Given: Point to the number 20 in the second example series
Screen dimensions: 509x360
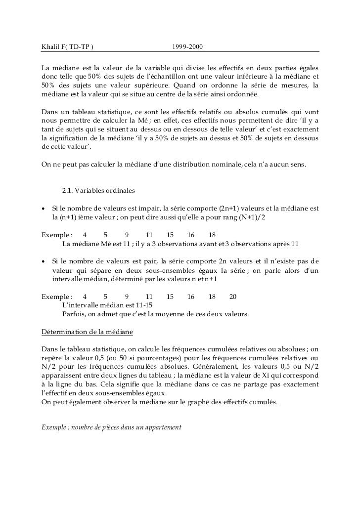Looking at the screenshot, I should (x=233, y=297).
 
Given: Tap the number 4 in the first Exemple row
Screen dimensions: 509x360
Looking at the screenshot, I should (x=85, y=235).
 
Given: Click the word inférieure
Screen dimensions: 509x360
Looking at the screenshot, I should (x=270, y=76).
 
